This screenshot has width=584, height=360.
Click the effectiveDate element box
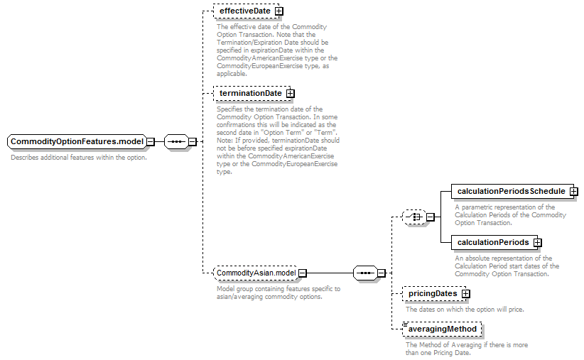tap(248, 11)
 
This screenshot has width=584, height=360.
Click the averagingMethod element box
tap(442, 329)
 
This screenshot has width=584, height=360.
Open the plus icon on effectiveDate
tap(279, 11)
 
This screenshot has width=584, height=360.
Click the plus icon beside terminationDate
tap(290, 94)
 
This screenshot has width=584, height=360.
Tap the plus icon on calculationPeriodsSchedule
tap(574, 191)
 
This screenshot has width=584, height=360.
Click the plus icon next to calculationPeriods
tap(537, 243)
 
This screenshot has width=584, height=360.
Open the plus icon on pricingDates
tap(466, 294)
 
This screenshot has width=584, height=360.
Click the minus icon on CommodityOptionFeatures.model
tap(151, 141)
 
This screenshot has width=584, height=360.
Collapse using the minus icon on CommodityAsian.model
tap(303, 273)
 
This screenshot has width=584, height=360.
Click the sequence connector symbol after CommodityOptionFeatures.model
tap(176, 141)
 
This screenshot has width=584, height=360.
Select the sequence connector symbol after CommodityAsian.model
tap(365, 273)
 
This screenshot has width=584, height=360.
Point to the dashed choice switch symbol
tap(414, 217)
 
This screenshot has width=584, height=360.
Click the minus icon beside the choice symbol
tap(430, 217)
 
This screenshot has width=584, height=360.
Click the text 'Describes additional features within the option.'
tap(79, 158)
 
